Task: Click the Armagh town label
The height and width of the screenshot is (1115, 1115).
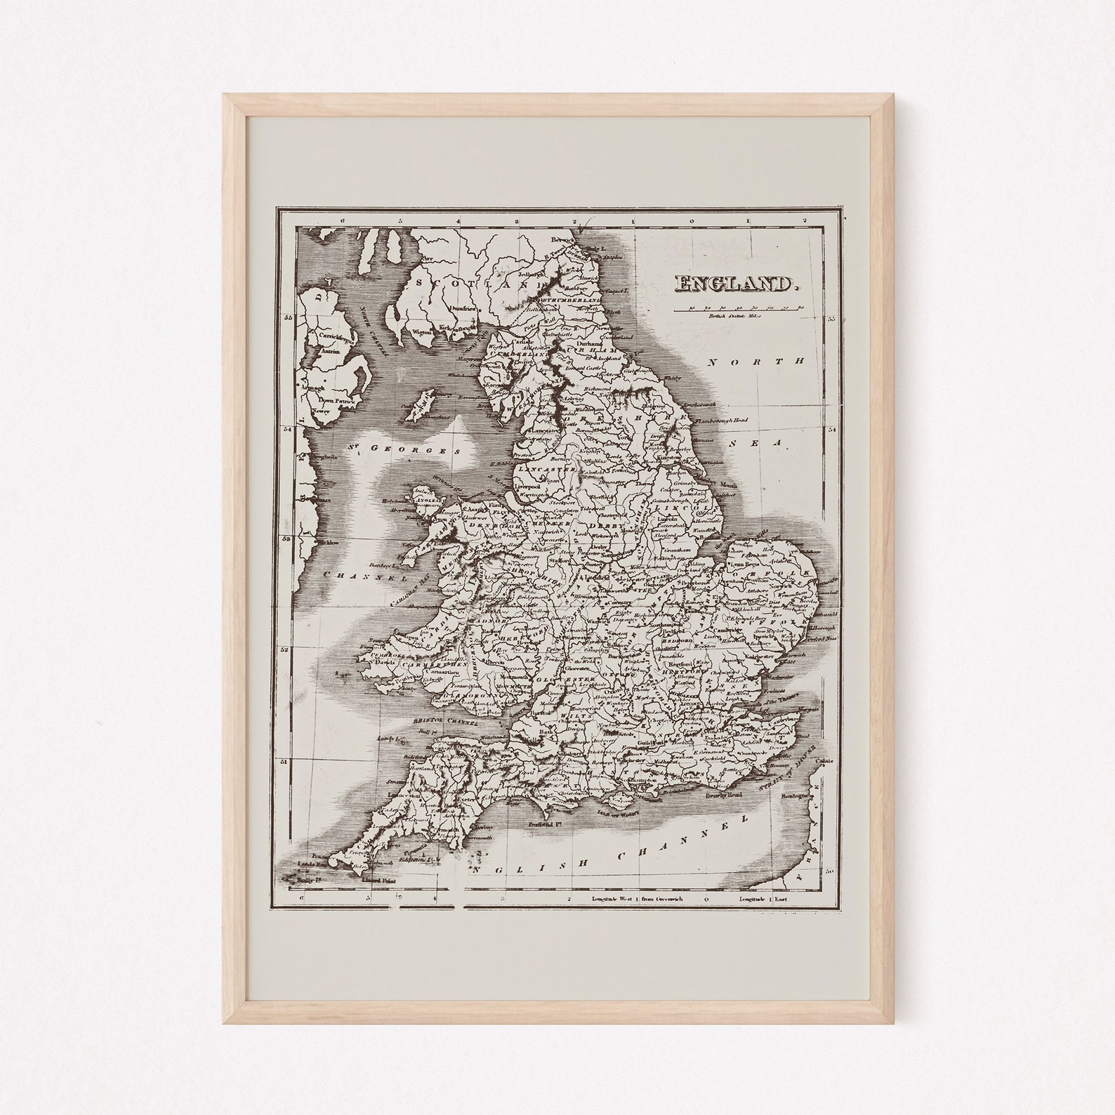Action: (x=313, y=388)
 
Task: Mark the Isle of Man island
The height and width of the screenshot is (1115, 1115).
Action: (x=421, y=405)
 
